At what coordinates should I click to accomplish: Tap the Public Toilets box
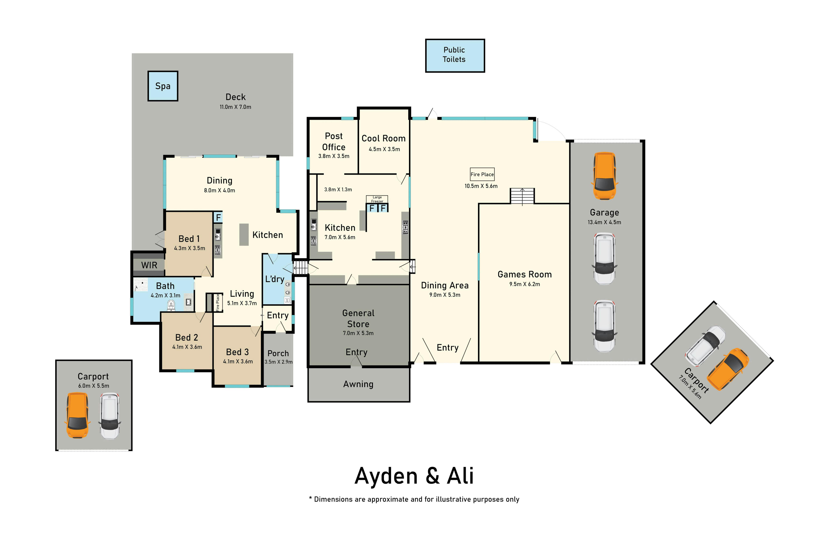click(x=455, y=56)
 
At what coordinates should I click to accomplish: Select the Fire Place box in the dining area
click(x=482, y=174)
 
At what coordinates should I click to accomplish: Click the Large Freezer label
click(x=377, y=199)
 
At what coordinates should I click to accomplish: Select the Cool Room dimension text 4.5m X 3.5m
click(x=384, y=149)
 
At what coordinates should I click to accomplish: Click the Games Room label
click(x=524, y=274)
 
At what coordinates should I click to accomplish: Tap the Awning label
click(x=358, y=384)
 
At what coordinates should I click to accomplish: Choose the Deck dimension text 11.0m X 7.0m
click(x=235, y=107)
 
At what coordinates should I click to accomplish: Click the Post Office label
click(x=334, y=141)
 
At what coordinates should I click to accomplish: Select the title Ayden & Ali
click(x=414, y=476)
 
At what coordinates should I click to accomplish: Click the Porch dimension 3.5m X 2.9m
click(x=278, y=362)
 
